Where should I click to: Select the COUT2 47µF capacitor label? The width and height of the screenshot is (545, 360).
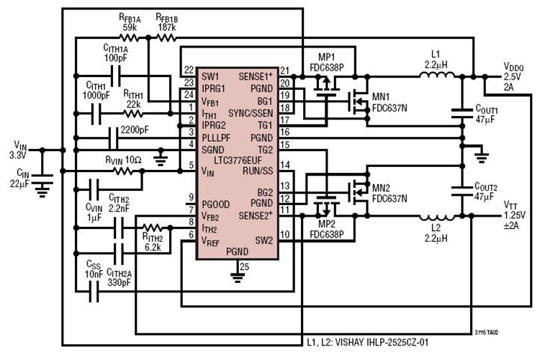pos(488,190)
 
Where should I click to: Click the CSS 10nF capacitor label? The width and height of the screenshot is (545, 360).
pos(92,269)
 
